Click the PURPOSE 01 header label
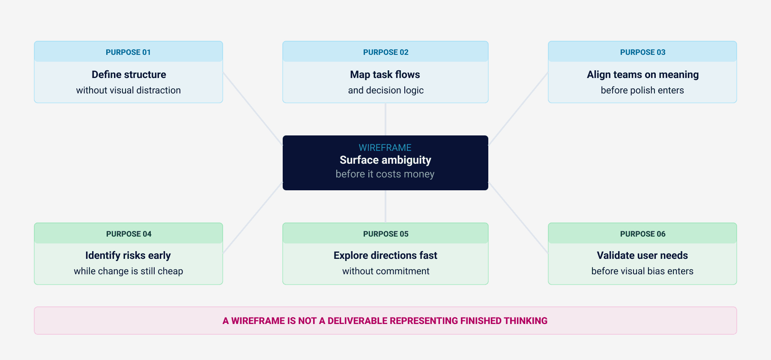coord(128,52)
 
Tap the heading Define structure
coord(128,75)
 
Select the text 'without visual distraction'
coord(128,90)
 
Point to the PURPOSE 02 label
coord(385,52)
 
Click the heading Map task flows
coord(385,75)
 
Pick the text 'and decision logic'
coord(385,90)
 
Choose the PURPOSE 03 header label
coord(642,52)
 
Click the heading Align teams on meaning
coord(642,75)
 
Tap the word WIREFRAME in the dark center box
coord(385,148)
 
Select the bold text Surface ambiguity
coord(385,160)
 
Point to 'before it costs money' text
coord(385,174)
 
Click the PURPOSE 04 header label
coord(128,234)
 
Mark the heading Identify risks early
coord(128,255)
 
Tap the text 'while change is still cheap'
coord(128,271)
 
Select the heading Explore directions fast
coord(385,255)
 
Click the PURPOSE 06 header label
coord(642,234)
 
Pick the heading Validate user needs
coord(642,255)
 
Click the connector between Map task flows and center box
coord(385,119)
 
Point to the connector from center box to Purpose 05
coord(385,206)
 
